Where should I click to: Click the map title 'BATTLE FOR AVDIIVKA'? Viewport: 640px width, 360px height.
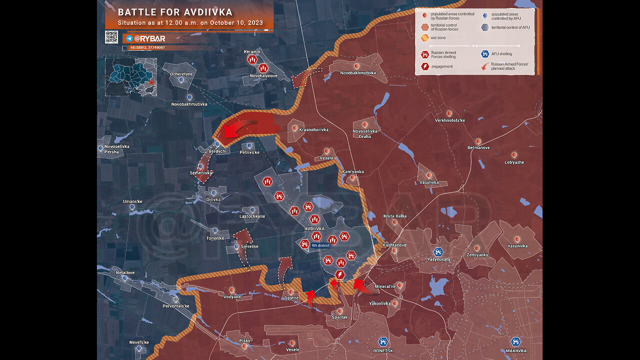click(x=175, y=12)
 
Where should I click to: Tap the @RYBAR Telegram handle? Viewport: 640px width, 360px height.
click(x=150, y=38)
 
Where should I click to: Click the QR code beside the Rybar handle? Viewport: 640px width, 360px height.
click(x=111, y=37)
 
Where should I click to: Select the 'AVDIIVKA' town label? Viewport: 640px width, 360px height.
click(x=314, y=228)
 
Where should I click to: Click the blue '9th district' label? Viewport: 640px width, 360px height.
click(x=320, y=245)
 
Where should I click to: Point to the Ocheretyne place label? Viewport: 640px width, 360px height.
click(x=181, y=73)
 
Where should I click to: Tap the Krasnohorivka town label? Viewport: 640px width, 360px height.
click(x=313, y=129)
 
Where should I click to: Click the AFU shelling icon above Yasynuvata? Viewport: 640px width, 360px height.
click(x=438, y=251)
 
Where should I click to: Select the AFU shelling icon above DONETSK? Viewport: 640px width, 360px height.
click(x=383, y=342)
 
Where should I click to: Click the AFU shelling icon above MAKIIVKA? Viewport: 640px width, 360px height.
click(x=515, y=342)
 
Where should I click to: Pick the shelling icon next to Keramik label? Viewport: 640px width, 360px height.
click(x=252, y=60)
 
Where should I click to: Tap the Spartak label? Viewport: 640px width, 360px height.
click(x=339, y=317)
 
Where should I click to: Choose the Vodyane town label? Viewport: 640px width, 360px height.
click(x=231, y=296)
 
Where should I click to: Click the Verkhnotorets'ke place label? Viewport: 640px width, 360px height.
click(x=449, y=120)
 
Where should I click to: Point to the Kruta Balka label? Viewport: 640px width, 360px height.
click(x=395, y=216)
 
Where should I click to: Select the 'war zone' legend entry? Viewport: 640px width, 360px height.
click(x=438, y=37)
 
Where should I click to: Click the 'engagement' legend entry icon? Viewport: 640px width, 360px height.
click(x=424, y=66)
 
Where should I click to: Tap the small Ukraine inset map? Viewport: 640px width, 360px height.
click(x=131, y=76)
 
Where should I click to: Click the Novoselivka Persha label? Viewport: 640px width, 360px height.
click(x=117, y=149)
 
